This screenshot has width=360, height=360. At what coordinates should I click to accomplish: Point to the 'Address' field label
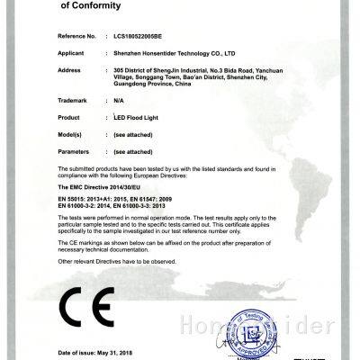(70, 69)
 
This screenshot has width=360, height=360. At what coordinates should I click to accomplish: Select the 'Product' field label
(70, 119)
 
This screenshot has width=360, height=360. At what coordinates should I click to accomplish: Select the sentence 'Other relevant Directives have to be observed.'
(125, 260)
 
